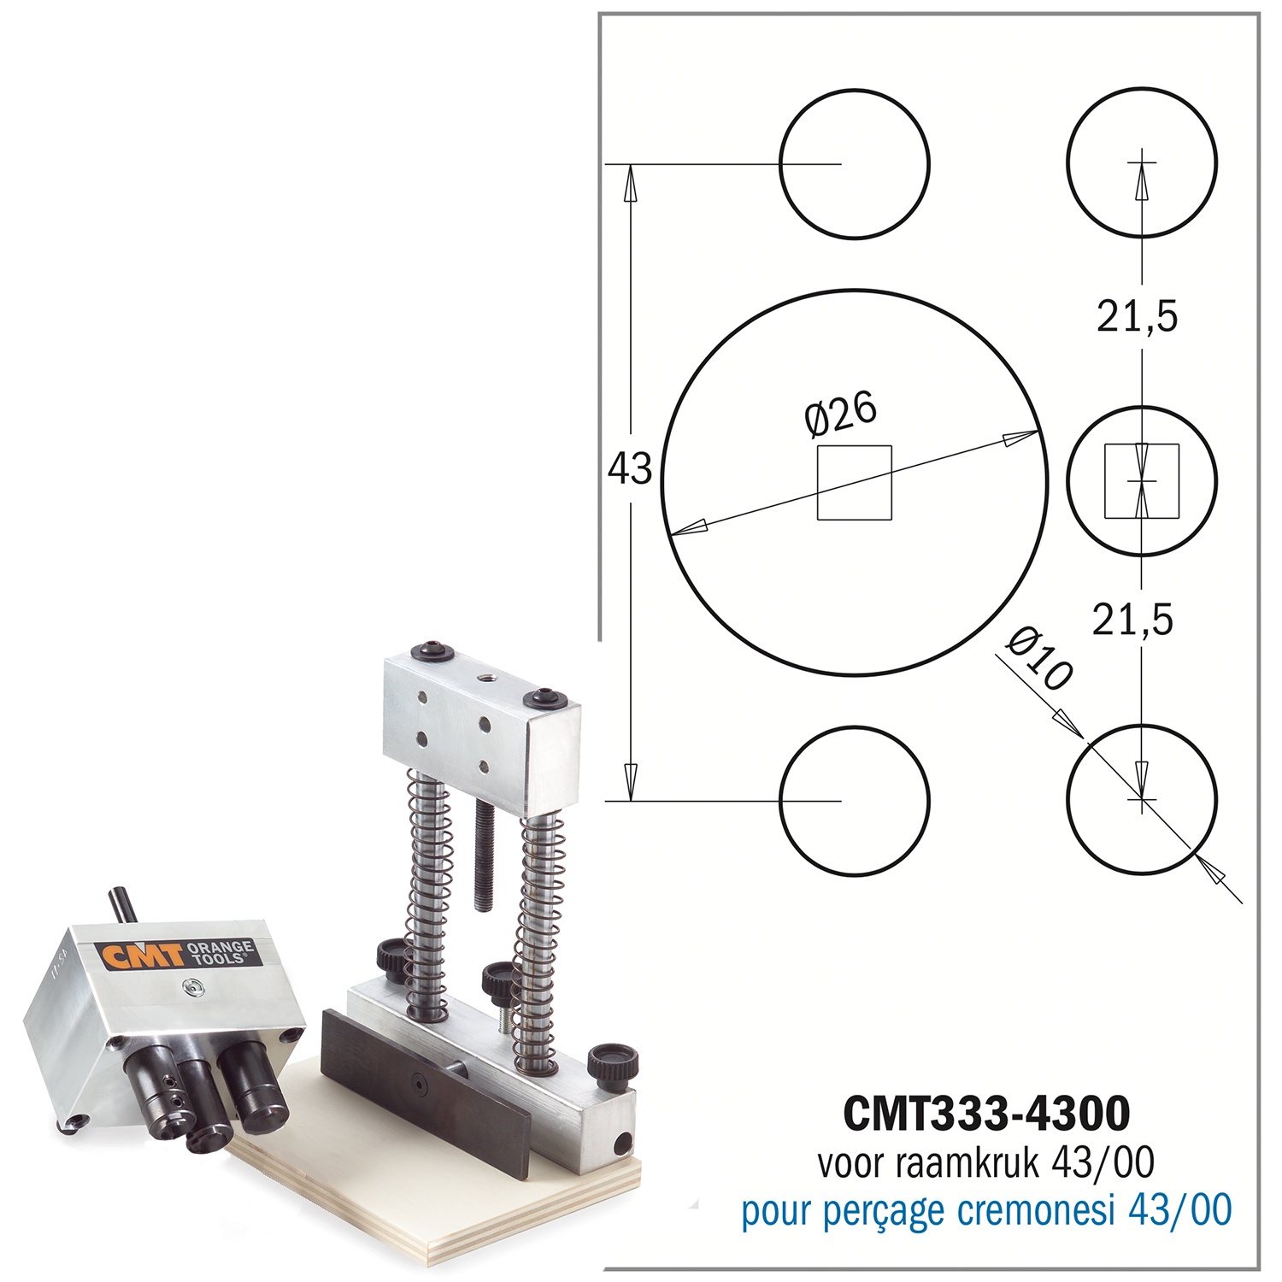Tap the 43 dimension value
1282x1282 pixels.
(630, 469)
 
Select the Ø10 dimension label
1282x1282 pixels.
(1038, 658)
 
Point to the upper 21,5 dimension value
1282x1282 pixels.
(1138, 317)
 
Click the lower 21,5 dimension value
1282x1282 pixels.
(1133, 619)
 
